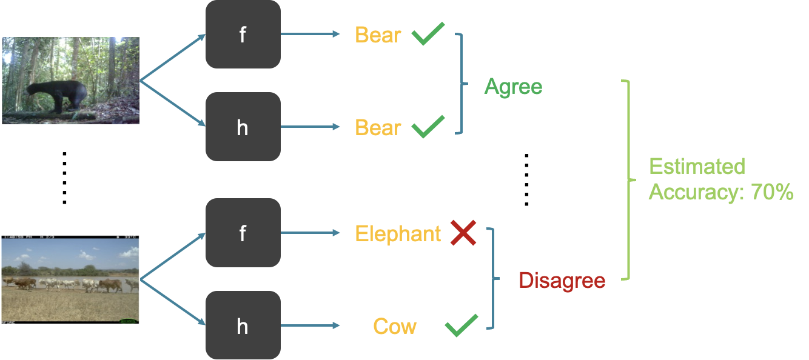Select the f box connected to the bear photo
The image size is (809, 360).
coord(243,35)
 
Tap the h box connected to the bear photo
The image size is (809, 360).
coord(243,127)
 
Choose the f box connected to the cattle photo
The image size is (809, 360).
coord(243,233)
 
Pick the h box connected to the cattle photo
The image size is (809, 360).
coord(243,326)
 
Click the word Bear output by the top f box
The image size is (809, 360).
coord(378,35)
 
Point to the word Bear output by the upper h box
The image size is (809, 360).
coord(378,128)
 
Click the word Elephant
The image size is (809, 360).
coord(398,234)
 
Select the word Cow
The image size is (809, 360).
coord(395,327)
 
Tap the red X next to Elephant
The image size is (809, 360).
coord(463,233)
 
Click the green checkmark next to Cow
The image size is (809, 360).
coord(461,325)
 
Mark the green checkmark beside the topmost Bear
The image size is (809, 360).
coord(428,34)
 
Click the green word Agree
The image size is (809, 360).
coord(513,87)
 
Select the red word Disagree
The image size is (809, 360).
coord(562,281)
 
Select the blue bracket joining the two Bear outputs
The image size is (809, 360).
coord(462,83)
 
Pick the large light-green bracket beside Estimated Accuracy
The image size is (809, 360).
coord(628,180)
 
